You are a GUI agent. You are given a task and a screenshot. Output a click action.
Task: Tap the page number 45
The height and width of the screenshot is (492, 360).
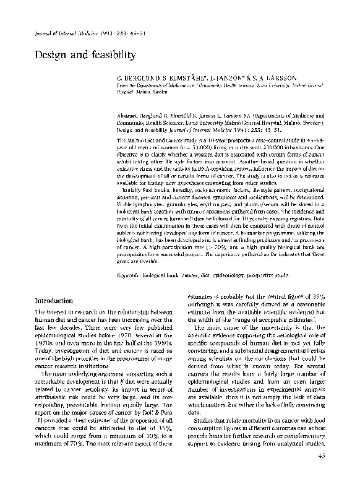321,474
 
